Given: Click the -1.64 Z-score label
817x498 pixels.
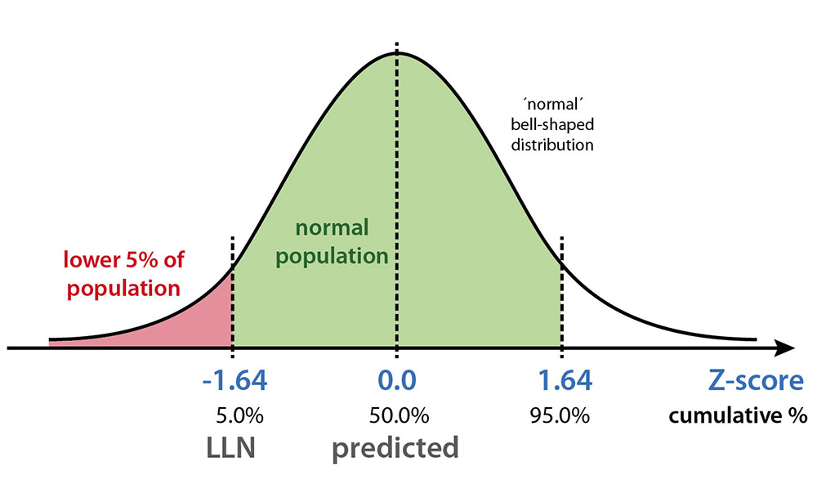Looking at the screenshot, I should [x=234, y=382].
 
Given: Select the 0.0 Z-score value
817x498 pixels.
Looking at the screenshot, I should [x=397, y=382].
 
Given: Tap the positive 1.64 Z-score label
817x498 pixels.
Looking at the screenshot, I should [x=565, y=382].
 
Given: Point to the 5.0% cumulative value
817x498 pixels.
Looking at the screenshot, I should [x=237, y=415].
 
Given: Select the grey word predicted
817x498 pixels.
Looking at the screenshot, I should [x=395, y=449].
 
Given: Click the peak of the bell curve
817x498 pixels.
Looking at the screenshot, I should [x=397, y=53].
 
